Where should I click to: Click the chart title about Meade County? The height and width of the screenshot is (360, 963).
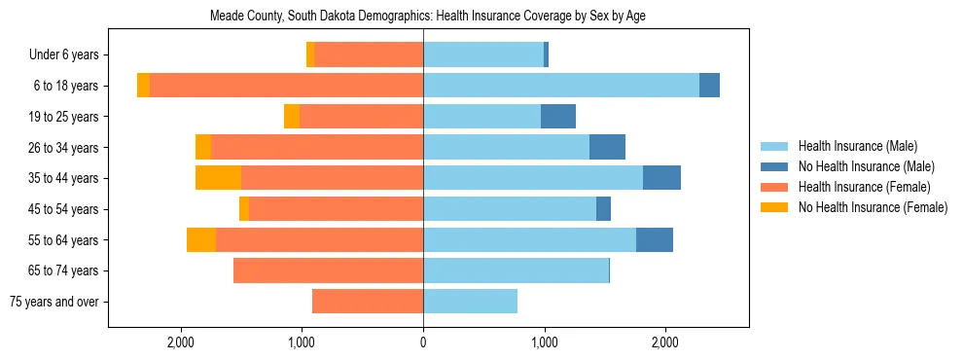(428, 16)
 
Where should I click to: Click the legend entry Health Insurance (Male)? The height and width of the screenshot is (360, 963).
(857, 146)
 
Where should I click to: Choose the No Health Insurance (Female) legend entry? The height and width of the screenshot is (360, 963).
(873, 207)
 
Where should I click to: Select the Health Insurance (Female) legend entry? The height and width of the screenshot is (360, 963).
(864, 187)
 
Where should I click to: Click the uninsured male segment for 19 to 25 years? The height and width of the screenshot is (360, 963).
(558, 117)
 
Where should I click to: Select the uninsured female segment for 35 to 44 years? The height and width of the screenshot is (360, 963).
(218, 178)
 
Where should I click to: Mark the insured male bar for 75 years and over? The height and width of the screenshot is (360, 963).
(470, 302)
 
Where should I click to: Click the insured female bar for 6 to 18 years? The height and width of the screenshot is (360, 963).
(287, 86)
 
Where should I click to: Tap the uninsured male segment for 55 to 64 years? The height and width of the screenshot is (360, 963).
(655, 240)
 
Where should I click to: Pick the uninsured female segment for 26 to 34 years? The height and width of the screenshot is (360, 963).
(203, 147)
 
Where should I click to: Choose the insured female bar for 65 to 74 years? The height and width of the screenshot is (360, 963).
(329, 270)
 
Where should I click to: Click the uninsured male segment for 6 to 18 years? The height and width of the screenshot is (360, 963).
(709, 86)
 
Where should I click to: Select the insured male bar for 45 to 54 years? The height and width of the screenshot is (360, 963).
(510, 209)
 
